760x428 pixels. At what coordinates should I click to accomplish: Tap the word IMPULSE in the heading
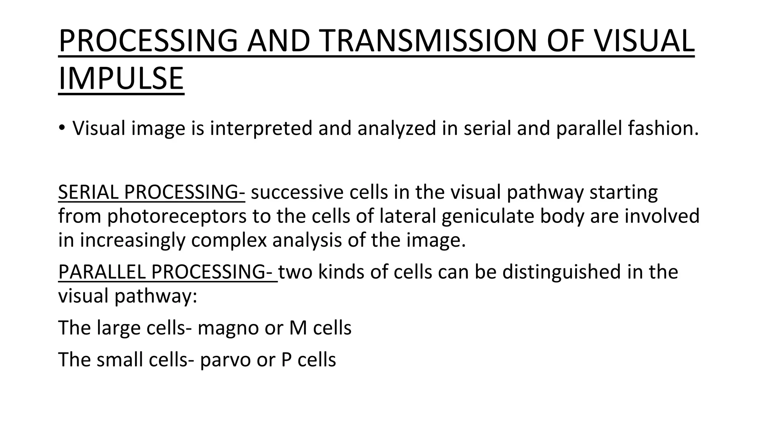tap(121, 78)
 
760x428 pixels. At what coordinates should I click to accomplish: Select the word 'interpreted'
tap(261, 128)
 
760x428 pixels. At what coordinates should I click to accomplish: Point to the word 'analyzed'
tap(396, 128)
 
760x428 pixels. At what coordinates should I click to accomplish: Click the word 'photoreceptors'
tap(177, 216)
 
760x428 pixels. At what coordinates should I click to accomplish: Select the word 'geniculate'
tap(488, 216)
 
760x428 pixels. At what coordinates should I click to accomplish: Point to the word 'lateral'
tap(408, 216)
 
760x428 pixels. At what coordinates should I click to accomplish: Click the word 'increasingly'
tap(132, 240)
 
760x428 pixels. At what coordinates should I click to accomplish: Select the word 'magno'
tap(228, 328)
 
